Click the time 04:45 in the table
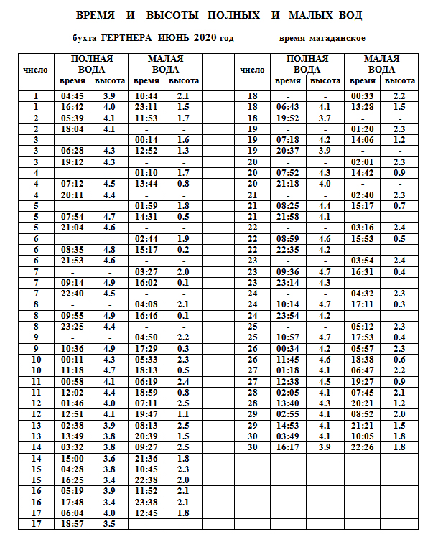pos(73,95)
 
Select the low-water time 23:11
pos(146,107)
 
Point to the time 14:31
pos(146,217)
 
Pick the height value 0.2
pos(182,249)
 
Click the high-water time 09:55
pos(73,315)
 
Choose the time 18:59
pos(146,392)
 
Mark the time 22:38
pos(146,480)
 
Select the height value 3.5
pos(109,523)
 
